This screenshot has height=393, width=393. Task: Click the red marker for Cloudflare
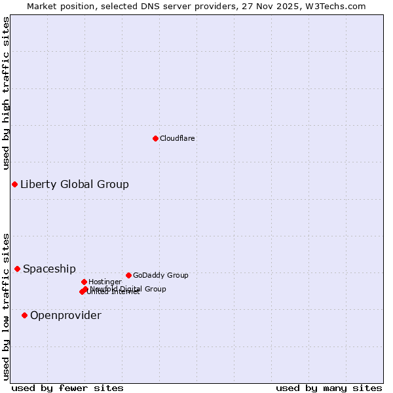[155, 138]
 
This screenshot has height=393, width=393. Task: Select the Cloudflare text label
[177, 138]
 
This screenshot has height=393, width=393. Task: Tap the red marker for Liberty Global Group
[14, 184]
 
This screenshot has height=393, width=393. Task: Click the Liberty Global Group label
[74, 184]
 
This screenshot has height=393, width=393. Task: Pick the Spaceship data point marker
[17, 269]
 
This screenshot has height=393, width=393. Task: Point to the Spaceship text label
[49, 269]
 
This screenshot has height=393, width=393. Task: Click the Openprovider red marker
[24, 315]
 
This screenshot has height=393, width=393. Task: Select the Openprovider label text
[65, 315]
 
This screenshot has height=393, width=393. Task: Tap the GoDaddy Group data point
[128, 275]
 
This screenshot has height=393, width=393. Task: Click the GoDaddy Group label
[160, 275]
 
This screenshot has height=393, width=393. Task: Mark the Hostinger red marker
[84, 282]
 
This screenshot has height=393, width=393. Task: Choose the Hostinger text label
[105, 282]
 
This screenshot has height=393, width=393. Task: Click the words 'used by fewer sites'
[67, 388]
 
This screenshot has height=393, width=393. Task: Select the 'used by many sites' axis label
[329, 388]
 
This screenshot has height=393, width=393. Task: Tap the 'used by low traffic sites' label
[6, 306]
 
